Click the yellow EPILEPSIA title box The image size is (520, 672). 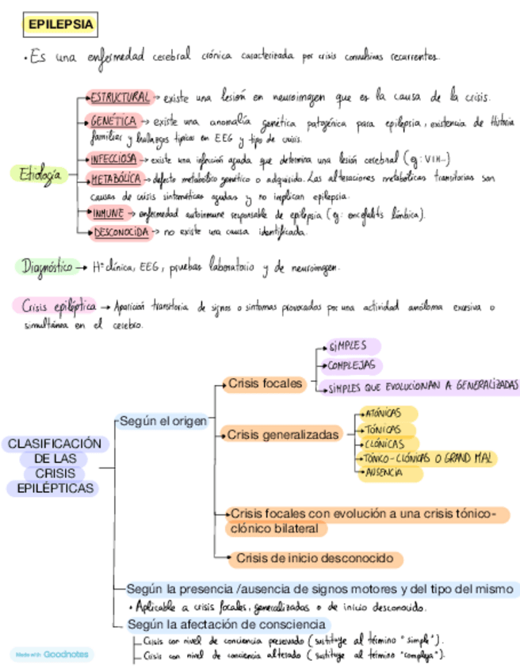[x=60, y=25]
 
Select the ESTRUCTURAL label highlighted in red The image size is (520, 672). [x=119, y=97]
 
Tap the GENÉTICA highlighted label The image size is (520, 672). [x=113, y=121]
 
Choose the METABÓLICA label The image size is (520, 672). [x=116, y=178]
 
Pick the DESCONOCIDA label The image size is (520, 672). [x=121, y=232]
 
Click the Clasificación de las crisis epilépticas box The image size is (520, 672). [x=55, y=467]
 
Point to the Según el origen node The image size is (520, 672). [x=162, y=422]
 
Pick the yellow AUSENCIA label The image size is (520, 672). [x=383, y=472]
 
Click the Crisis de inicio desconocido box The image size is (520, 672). [x=315, y=559]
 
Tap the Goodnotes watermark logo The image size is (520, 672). [x=52, y=655]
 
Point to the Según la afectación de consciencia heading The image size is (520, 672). [x=226, y=624]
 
